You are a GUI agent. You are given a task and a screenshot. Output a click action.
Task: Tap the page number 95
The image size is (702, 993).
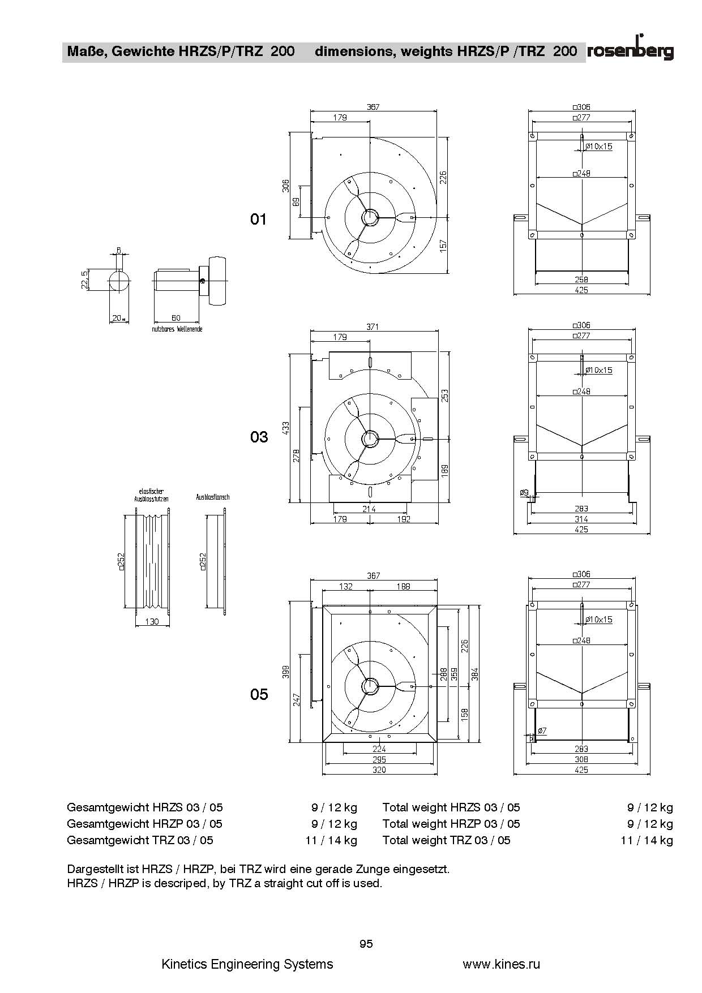tap(366, 944)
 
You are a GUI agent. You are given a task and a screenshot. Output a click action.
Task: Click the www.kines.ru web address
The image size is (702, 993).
tap(502, 964)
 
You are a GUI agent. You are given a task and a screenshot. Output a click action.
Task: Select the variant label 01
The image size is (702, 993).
tap(258, 219)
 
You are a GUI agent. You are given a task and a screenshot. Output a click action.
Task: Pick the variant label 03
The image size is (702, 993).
tap(259, 437)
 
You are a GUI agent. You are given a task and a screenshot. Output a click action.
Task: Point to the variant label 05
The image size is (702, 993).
tap(259, 694)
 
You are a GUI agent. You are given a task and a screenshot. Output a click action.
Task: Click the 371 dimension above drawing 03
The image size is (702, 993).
tap(373, 326)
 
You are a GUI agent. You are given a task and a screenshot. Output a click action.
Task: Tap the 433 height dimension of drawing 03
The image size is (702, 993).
tap(286, 427)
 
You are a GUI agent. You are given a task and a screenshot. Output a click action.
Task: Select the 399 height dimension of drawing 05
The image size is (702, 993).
tap(286, 672)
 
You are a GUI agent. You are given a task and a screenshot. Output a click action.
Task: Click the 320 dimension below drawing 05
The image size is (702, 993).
tap(379, 770)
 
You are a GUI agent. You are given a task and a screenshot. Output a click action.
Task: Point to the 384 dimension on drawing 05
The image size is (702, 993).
tap(476, 673)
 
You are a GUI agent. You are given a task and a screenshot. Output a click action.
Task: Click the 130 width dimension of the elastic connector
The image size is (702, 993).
tap(152, 622)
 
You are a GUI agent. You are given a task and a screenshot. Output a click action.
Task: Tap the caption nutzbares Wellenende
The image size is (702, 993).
tap(177, 329)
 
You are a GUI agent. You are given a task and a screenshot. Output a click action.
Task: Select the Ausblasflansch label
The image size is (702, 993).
tap(213, 497)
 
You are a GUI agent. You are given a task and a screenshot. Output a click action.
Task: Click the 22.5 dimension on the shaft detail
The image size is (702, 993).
tap(84, 280)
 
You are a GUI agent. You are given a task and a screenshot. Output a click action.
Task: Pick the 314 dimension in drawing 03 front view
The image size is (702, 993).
tap(581, 519)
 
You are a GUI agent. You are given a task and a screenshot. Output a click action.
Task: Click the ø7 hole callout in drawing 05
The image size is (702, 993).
tap(542, 731)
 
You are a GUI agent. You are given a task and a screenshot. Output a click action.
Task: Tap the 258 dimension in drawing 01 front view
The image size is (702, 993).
tap(581, 280)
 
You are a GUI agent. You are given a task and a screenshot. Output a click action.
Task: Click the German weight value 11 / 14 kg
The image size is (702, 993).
tap(331, 840)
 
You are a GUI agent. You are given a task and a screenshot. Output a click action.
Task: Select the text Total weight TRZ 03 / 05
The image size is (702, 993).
tap(446, 840)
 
